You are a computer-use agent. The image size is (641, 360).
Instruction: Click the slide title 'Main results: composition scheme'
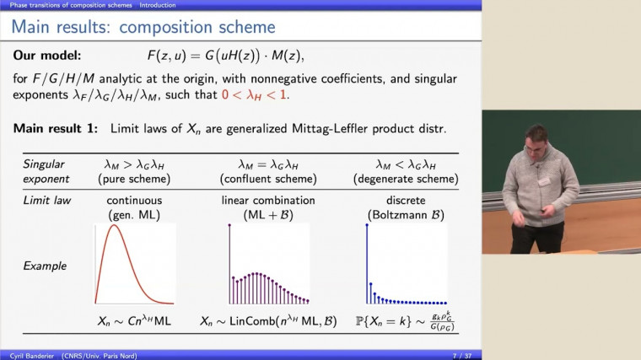click(x=144, y=27)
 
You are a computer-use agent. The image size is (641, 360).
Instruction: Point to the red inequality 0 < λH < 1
click(x=252, y=95)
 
